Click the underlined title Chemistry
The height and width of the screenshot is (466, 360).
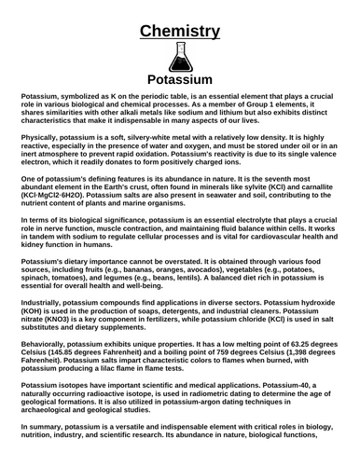pos(180,32)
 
